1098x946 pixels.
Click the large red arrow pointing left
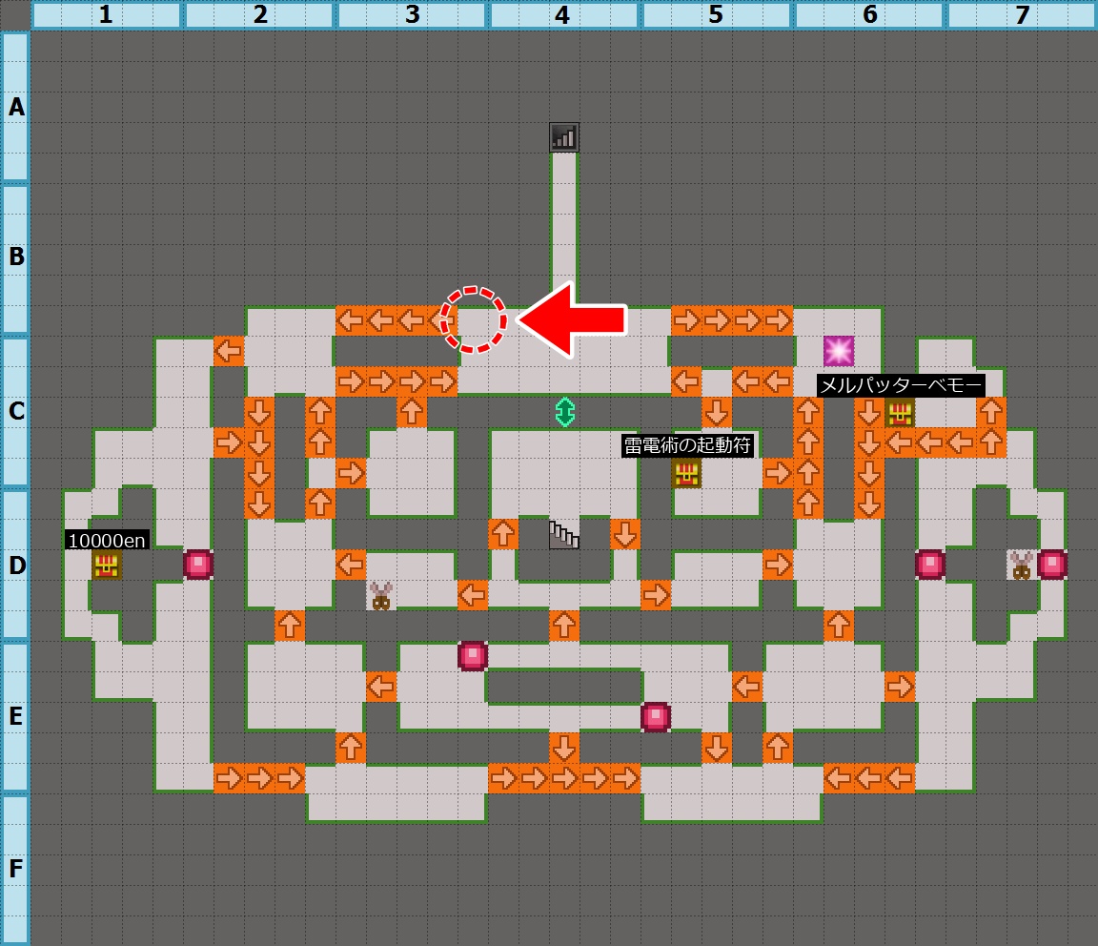click(572, 319)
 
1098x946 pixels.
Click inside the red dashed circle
click(473, 319)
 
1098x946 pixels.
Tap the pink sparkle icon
click(838, 351)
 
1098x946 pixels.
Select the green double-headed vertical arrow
click(564, 412)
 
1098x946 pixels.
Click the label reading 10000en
click(107, 541)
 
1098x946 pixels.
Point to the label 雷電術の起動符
click(687, 445)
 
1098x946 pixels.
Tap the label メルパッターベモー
click(901, 385)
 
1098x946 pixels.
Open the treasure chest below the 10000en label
click(107, 565)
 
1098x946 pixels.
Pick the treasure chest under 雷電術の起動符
click(686, 474)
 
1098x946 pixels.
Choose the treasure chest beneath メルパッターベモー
click(900, 413)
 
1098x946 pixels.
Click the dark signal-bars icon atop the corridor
click(563, 137)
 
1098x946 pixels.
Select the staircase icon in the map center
click(563, 535)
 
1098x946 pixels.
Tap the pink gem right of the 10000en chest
click(198, 565)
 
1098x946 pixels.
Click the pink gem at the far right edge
click(1052, 565)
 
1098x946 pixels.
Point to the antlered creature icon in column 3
click(381, 596)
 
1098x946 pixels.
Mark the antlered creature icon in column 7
click(1022, 565)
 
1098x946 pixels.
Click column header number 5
click(716, 14)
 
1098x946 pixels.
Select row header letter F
click(15, 869)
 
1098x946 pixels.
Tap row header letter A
click(16, 107)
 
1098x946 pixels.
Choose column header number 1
click(106, 14)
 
